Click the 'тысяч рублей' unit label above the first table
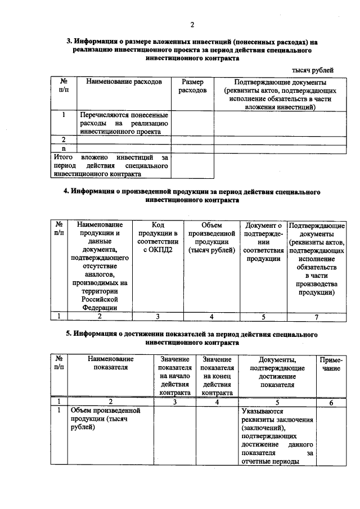(x=312, y=70)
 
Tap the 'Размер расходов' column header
(x=192, y=86)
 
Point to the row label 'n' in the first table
(x=64, y=148)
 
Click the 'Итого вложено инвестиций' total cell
(x=111, y=166)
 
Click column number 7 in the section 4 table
(x=316, y=317)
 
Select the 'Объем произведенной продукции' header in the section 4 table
(x=211, y=238)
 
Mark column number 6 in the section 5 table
(x=331, y=402)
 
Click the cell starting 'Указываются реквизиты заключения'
(x=277, y=436)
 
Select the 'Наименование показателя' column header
(x=111, y=363)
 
